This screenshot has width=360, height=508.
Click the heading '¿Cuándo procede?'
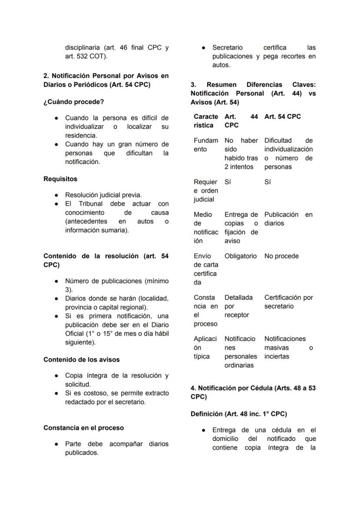click(x=73, y=102)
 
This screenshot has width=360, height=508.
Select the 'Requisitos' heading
click(x=60, y=179)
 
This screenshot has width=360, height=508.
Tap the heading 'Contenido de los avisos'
click(x=81, y=360)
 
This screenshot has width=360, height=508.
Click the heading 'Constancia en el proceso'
click(x=83, y=428)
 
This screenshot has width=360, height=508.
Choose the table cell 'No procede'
click(x=281, y=256)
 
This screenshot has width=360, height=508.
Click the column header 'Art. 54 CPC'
click(x=282, y=117)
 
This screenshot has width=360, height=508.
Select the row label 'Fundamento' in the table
click(x=206, y=145)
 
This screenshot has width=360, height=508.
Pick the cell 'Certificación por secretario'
click(x=288, y=302)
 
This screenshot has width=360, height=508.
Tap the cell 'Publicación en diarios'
click(x=288, y=219)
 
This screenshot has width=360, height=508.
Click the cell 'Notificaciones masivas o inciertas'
click(x=288, y=348)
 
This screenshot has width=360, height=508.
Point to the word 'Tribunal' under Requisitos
click(x=90, y=204)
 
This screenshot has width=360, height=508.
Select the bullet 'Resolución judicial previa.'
click(x=103, y=195)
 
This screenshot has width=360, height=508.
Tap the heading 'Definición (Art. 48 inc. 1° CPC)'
click(x=239, y=414)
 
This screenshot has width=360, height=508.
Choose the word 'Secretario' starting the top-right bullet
click(x=227, y=48)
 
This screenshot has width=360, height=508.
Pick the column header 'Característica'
click(x=206, y=121)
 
